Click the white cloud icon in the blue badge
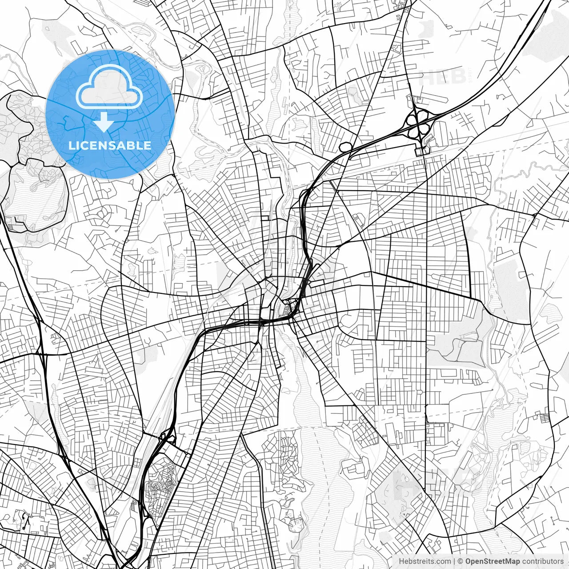(x=109, y=89)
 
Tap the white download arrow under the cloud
(x=104, y=122)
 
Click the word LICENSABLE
(x=110, y=145)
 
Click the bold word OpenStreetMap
(x=493, y=561)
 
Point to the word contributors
(x=542, y=561)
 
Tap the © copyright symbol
(x=461, y=561)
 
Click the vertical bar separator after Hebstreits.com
(x=454, y=561)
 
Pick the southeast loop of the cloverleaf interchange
(x=425, y=129)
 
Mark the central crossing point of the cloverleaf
(x=417, y=124)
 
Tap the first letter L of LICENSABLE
(x=71, y=145)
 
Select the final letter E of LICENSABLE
(x=148, y=145)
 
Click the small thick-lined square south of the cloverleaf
(x=419, y=152)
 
